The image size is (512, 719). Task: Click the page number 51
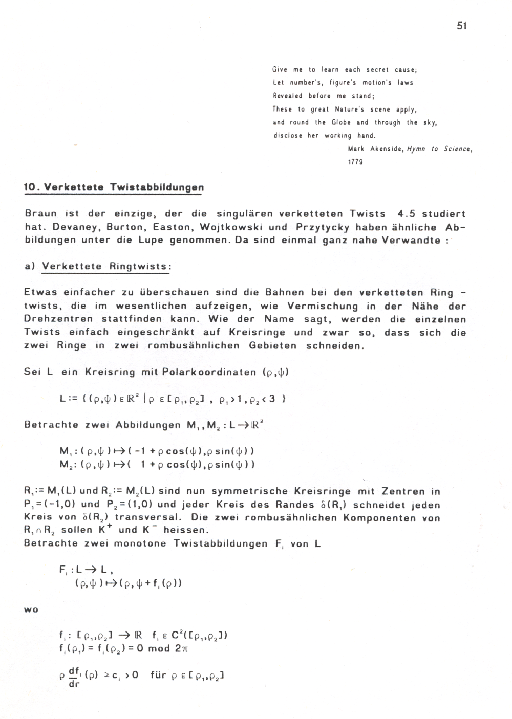[x=461, y=26]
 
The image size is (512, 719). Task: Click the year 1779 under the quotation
[x=355, y=162]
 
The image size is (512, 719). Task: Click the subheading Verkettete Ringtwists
[x=106, y=267]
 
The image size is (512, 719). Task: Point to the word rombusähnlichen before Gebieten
[x=193, y=345]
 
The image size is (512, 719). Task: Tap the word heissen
[x=186, y=530]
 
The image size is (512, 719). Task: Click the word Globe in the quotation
[x=341, y=122]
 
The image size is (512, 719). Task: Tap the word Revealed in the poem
[x=288, y=96]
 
